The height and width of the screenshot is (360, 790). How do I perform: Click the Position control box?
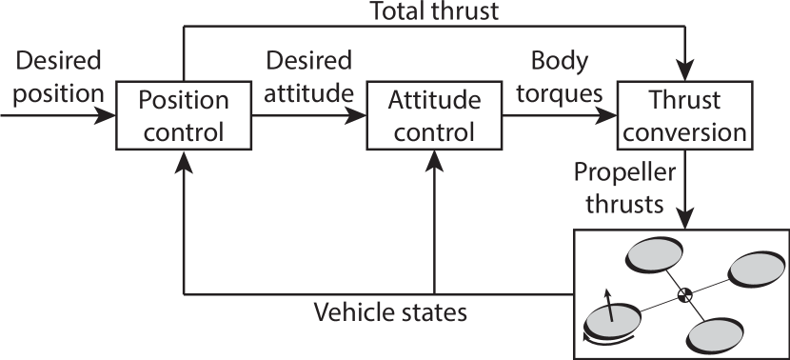185,115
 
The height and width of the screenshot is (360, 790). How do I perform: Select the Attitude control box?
434,115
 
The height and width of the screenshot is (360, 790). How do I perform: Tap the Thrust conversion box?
684,115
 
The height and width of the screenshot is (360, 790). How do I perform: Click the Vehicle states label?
391,311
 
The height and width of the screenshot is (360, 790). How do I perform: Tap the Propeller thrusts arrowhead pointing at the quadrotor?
684,217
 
